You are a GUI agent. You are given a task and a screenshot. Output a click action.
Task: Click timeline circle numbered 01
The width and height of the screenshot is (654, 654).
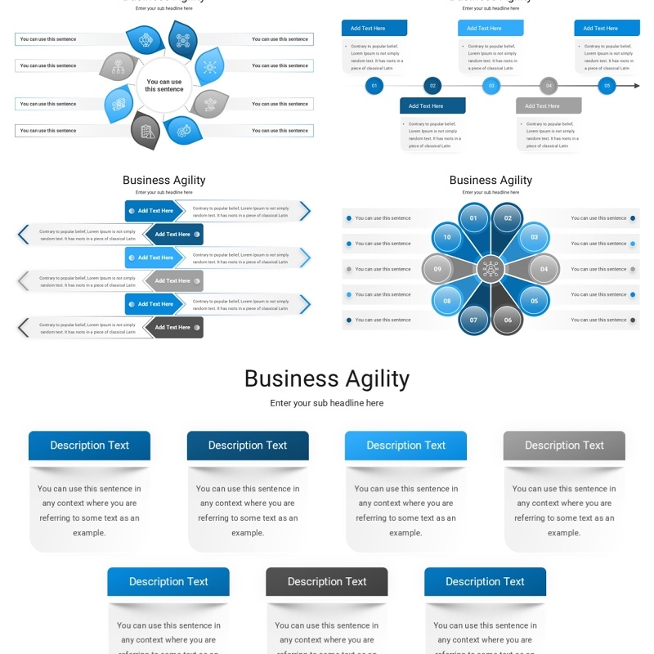click(374, 85)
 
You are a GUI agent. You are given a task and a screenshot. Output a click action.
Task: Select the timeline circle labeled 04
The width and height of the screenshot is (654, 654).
click(549, 85)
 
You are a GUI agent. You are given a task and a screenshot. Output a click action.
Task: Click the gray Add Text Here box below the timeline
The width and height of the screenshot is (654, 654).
click(549, 105)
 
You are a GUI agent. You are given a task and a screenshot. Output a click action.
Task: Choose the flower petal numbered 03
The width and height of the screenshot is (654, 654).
click(534, 237)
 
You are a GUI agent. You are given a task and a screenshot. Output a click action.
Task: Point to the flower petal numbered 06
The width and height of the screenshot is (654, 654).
click(508, 320)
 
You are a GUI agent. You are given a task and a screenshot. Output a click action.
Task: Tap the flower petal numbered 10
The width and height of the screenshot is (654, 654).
click(447, 237)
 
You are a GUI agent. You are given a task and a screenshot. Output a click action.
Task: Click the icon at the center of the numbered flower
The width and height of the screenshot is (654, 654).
click(490, 269)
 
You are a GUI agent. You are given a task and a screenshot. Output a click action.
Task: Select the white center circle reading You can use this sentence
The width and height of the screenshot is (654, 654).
click(164, 85)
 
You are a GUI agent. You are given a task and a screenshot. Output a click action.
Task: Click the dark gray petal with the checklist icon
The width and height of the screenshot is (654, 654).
click(146, 131)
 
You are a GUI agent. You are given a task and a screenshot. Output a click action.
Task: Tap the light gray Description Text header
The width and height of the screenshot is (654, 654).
click(564, 446)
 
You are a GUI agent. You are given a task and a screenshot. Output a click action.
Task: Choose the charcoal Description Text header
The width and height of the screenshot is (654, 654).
click(327, 582)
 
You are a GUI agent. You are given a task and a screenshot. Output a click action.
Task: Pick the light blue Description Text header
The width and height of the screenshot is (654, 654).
click(405, 446)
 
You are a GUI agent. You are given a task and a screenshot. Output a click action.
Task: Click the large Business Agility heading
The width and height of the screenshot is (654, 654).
click(327, 379)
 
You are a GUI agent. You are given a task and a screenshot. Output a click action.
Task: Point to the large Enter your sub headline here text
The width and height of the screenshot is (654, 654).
click(327, 403)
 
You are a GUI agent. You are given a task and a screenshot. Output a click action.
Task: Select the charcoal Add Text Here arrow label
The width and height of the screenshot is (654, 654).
click(173, 327)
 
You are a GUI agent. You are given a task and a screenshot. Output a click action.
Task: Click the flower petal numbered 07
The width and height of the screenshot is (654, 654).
click(473, 320)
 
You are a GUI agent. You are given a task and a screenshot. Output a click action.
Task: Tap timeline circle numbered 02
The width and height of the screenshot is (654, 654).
click(432, 85)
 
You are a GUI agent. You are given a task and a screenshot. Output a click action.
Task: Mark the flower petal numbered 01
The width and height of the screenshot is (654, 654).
click(473, 218)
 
